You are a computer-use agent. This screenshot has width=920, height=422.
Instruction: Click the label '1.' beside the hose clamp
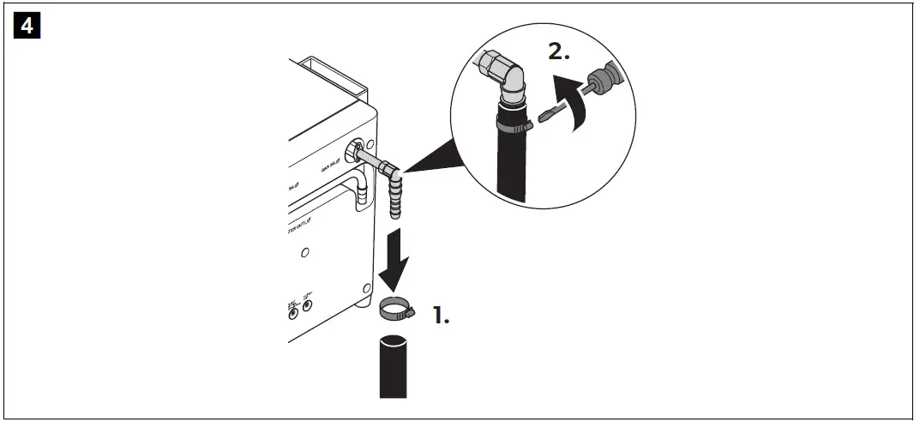pyautogui.click(x=440, y=316)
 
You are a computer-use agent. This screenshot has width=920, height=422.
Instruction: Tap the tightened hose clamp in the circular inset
pyautogui.click(x=512, y=126)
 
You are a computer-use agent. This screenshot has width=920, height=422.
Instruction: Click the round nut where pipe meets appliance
pyautogui.click(x=352, y=154)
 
